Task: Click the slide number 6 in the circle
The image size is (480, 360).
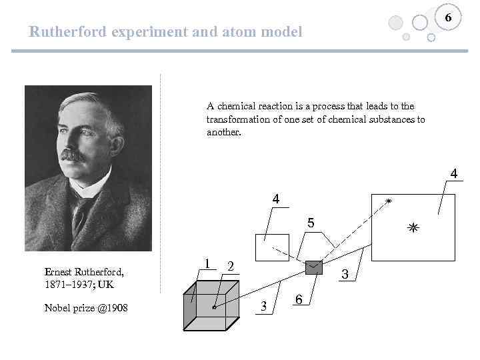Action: (449, 18)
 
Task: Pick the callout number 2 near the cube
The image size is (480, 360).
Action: (230, 266)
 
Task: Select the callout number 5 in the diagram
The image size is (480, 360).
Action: (310, 222)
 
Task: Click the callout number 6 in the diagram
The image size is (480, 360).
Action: (299, 301)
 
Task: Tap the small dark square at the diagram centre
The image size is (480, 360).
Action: (313, 267)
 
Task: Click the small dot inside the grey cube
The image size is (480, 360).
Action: (214, 307)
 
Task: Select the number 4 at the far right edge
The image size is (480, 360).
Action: (453, 174)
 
